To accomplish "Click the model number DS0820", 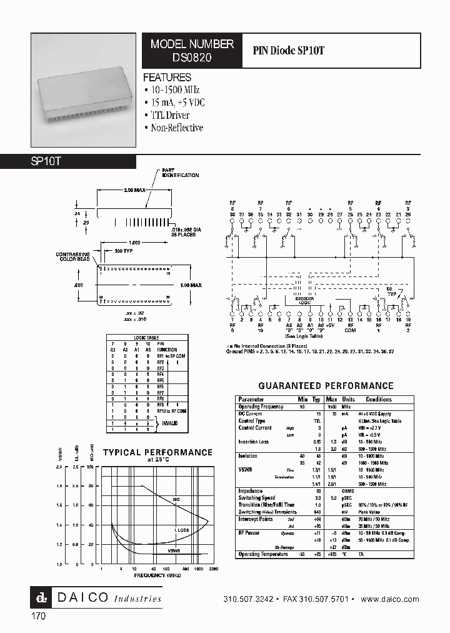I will [192, 56].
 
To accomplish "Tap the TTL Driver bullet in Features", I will [169, 115].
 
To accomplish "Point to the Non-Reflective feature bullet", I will [177, 128].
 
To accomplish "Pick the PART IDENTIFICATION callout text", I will [181, 173].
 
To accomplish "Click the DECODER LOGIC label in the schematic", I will [304, 301].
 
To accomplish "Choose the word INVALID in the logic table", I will [171, 423].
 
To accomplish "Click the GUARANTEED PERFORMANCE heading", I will [326, 386].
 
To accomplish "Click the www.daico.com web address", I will [390, 599].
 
